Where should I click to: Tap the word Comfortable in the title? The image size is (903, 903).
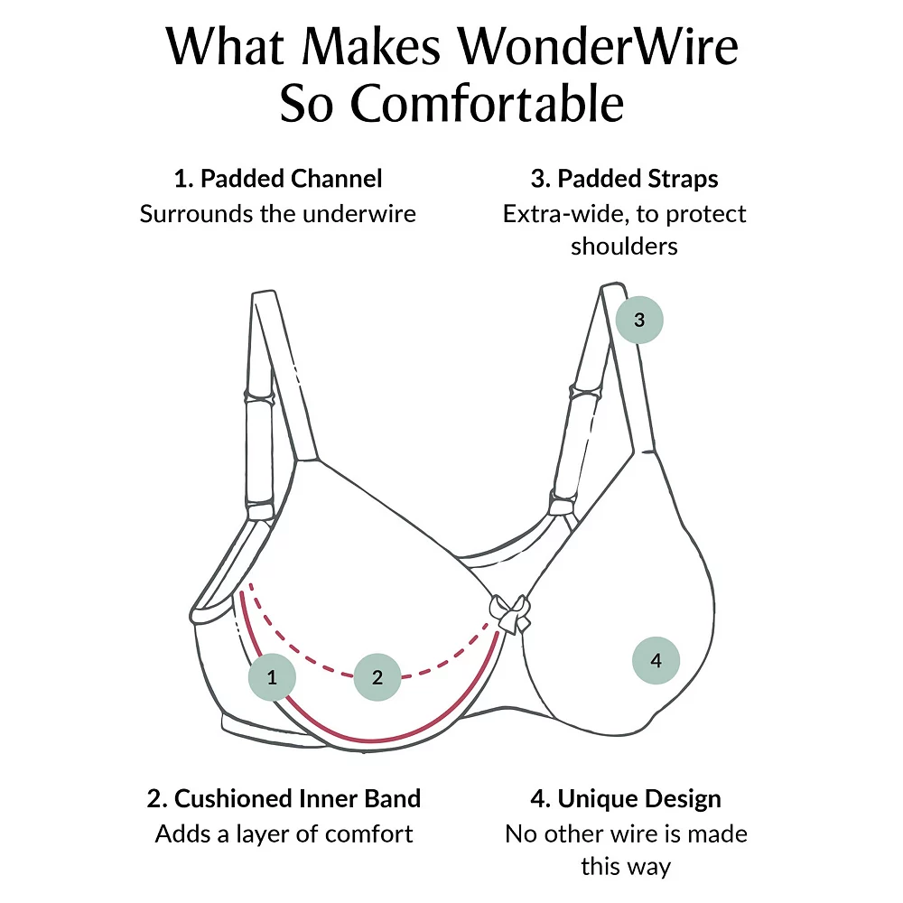click(488, 105)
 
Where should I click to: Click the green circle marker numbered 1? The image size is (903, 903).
click(273, 676)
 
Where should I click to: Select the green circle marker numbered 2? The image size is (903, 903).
click(377, 676)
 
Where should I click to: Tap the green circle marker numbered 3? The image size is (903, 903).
click(639, 320)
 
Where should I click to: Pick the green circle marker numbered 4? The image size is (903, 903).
click(656, 660)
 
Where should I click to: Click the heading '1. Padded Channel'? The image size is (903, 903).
click(278, 179)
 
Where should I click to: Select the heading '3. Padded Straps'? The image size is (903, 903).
click(625, 179)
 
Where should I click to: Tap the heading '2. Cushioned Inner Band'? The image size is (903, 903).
click(284, 798)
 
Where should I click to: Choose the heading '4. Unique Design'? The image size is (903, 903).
click(626, 798)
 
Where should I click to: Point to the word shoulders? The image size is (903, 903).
click(624, 247)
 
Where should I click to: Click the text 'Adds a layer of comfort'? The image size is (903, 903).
click(284, 833)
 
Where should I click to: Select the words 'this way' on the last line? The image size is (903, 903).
click(626, 867)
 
